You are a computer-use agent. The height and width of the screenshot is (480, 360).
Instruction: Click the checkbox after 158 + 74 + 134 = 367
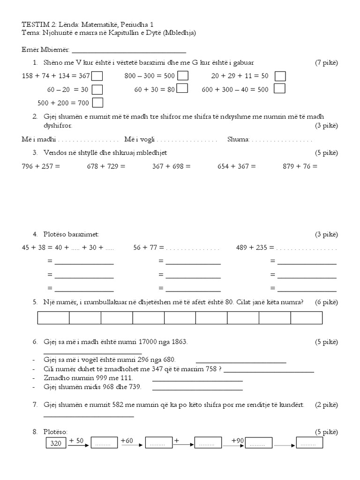(x=97, y=76)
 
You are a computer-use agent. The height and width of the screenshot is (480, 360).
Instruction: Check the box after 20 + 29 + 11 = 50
(x=280, y=76)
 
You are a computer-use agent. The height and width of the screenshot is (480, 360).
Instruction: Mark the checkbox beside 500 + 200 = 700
(x=97, y=103)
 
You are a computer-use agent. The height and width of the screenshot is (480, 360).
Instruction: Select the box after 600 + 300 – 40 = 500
(x=279, y=89)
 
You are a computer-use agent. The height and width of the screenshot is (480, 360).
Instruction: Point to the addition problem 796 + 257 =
(x=41, y=166)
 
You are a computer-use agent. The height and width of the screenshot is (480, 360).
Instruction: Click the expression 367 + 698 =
(x=172, y=166)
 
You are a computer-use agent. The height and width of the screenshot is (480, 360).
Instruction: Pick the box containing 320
(x=55, y=443)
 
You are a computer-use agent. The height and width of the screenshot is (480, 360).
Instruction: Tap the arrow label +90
(x=239, y=441)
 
